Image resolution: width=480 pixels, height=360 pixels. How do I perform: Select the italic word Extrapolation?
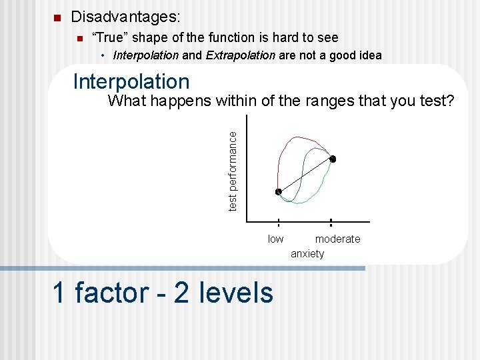coord(240,55)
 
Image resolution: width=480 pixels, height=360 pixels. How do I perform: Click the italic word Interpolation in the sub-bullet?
coord(146,55)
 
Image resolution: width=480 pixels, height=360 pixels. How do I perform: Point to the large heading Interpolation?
coord(131,82)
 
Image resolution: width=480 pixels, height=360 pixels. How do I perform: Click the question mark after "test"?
coord(451,101)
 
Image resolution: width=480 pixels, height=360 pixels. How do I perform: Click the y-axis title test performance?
coord(233,171)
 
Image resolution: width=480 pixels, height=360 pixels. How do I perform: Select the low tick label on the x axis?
coord(275,239)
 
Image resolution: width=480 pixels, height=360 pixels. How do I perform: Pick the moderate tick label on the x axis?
coord(337,239)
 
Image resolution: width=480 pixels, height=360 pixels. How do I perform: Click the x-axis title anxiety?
coord(307,253)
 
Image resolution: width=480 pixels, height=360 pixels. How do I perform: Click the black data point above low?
coord(279,192)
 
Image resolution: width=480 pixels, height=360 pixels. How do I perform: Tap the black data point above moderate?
coord(333,159)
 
